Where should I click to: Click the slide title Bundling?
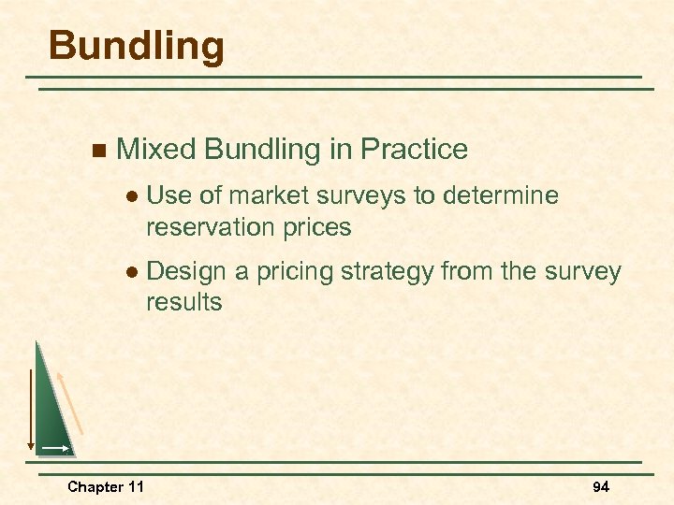tap(137, 46)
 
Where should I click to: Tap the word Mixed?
tap(155, 150)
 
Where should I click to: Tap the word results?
tap(183, 302)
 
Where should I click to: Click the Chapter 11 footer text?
tap(105, 487)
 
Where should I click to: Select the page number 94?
tap(600, 487)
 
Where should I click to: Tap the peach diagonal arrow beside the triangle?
tap(72, 402)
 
